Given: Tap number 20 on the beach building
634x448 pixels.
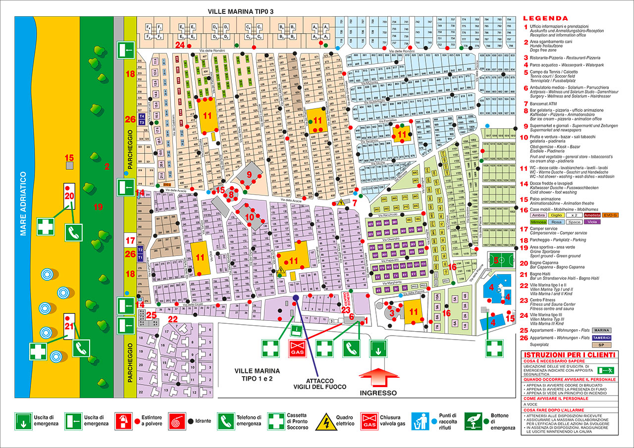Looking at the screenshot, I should [x=69, y=196].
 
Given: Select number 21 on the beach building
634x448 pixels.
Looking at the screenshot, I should [x=69, y=326].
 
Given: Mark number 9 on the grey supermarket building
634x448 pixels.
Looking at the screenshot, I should [x=250, y=174].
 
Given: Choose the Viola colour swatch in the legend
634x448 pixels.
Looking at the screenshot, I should [x=610, y=222].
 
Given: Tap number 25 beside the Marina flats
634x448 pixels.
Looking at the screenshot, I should [x=152, y=314].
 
